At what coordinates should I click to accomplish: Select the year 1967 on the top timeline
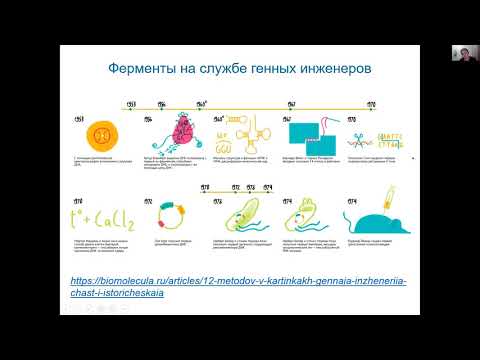291,103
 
